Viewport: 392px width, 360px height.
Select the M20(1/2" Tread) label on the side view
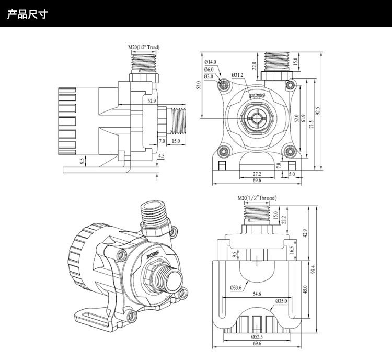(144, 48)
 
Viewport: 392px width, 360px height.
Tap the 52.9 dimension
(152, 101)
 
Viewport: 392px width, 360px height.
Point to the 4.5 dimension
(161, 156)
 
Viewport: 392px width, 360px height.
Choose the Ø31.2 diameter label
(238, 75)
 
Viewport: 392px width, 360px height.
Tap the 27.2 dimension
(257, 173)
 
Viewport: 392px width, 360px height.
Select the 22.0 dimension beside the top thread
(255, 66)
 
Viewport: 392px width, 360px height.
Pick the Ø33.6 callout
(236, 287)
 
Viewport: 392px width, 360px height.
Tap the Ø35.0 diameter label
(282, 302)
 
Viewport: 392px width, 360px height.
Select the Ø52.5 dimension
(256, 336)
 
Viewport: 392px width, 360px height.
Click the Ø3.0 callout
(209, 76)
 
